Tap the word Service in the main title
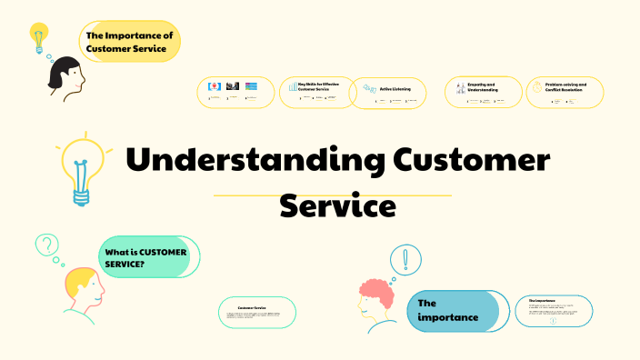coord(337,205)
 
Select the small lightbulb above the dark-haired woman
coord(37,38)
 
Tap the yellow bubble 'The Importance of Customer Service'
coord(130,42)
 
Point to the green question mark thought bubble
coord(45,245)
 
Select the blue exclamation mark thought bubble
coord(405,262)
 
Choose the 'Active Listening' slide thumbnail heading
coord(395,88)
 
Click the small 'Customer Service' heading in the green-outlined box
coord(251,308)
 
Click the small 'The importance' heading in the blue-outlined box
coord(542,299)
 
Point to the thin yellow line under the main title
coord(332,195)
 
